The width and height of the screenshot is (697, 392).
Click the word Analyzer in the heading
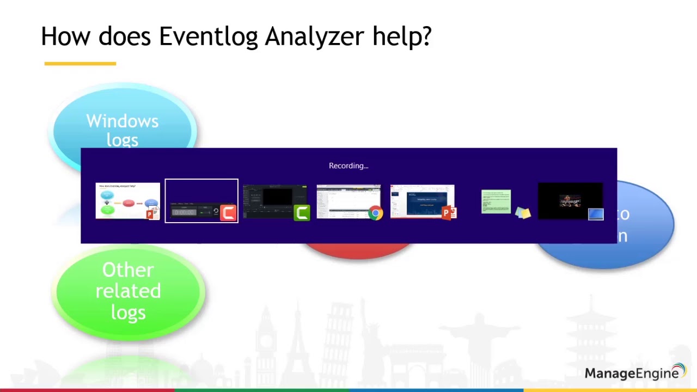pos(314,37)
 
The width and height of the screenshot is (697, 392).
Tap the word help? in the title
pos(402,37)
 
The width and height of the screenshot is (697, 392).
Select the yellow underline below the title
pos(80,64)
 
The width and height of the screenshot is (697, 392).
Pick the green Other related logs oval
pos(129,291)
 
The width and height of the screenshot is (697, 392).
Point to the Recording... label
pos(348,166)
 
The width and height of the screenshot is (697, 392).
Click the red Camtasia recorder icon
pos(228,212)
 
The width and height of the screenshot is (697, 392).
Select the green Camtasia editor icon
pos(301,212)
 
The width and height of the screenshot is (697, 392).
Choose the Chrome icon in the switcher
pos(375,213)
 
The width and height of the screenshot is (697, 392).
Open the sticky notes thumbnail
pos(496,201)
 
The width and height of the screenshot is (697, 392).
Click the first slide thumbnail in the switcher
pos(127,200)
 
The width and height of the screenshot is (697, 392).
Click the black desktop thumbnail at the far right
pos(570,200)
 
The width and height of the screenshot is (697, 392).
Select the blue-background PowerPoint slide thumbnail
pos(421,200)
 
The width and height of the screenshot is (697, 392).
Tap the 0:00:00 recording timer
pos(184,212)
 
